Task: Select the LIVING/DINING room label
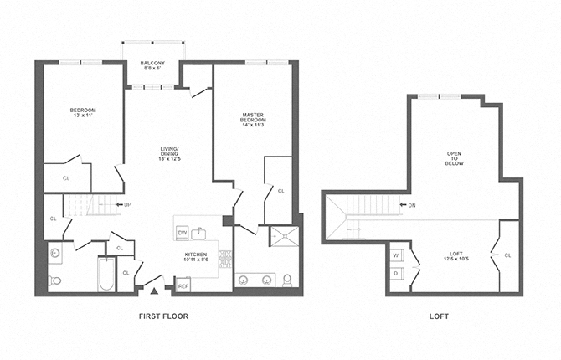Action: pos(171,153)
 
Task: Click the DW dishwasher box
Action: pos(182,232)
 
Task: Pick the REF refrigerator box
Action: pos(183,286)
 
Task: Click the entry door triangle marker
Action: pos(153,291)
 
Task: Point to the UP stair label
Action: pos(126,204)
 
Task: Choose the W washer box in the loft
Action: pos(396,255)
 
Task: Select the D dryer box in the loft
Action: pos(396,273)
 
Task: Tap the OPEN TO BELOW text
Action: pos(454,159)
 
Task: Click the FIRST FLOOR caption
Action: pos(162,316)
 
